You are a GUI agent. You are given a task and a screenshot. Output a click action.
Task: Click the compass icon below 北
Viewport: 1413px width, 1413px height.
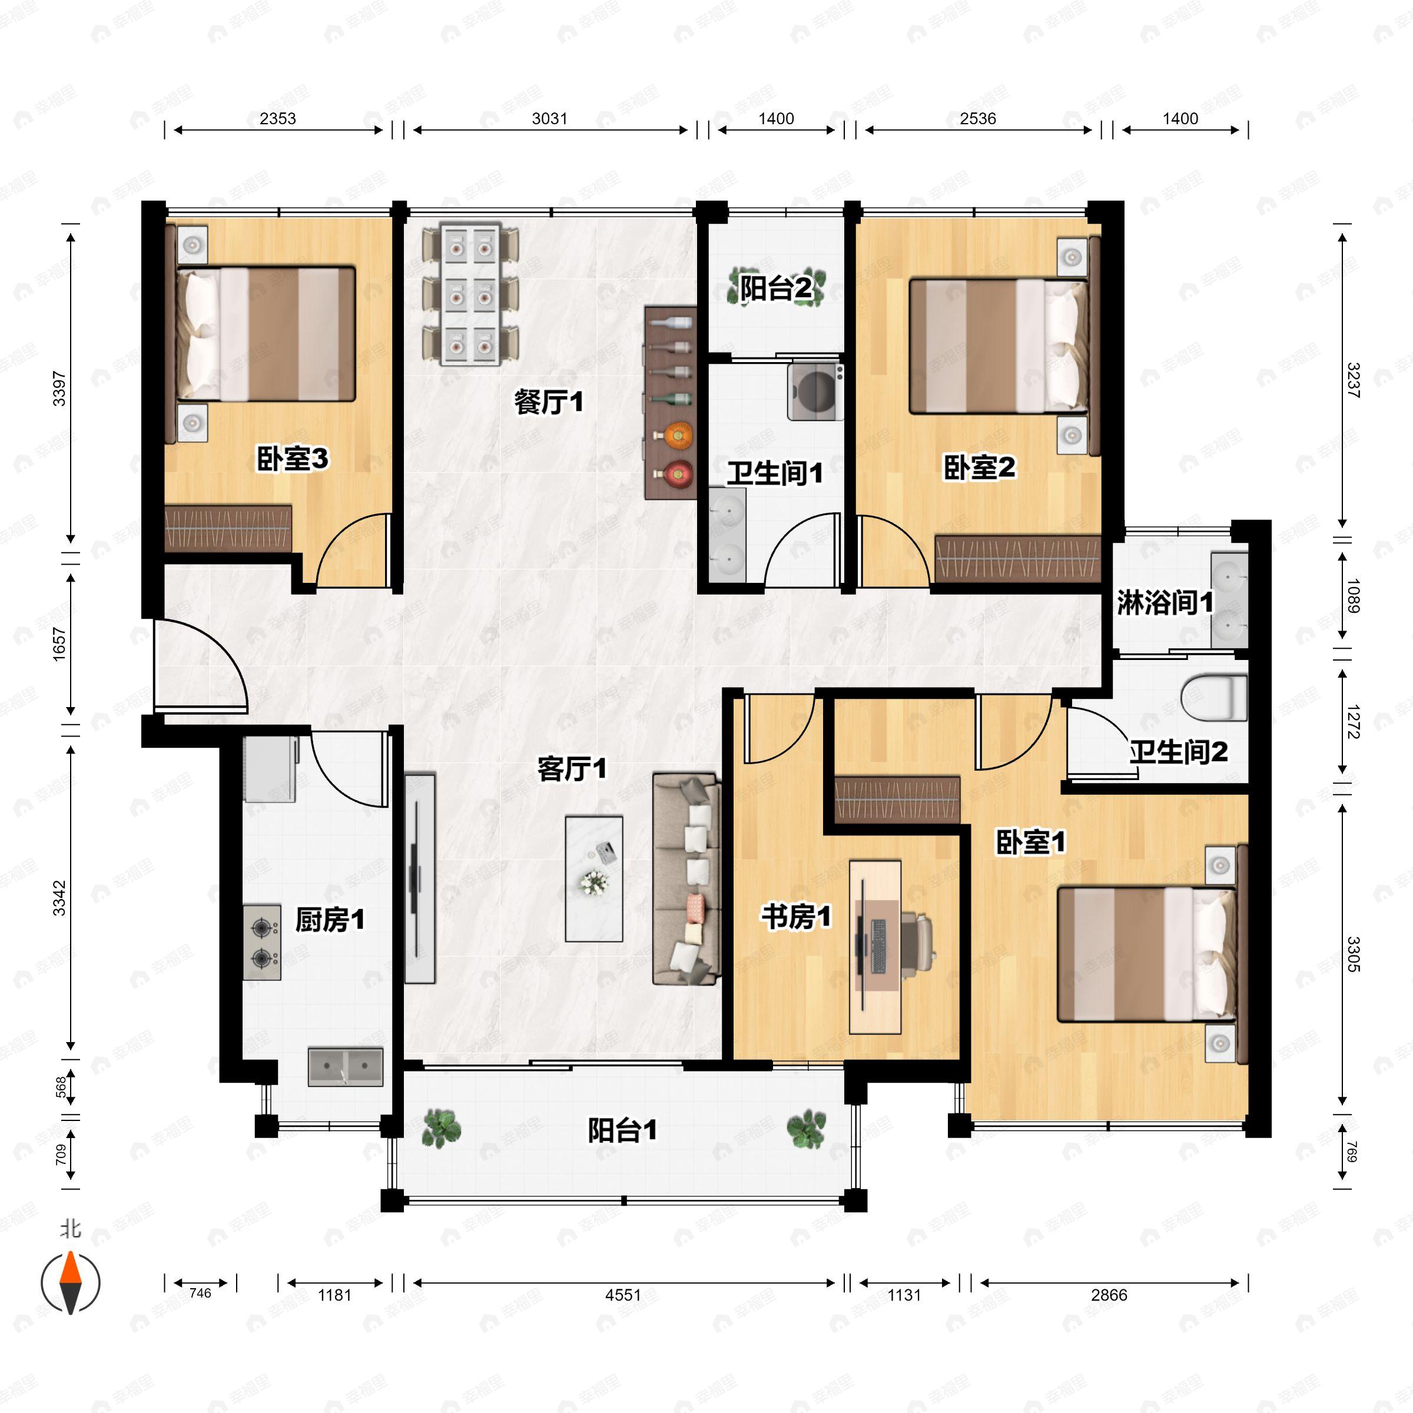pyautogui.click(x=70, y=1283)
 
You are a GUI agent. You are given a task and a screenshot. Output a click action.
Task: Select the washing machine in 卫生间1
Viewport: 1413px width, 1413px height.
pyautogui.click(x=815, y=392)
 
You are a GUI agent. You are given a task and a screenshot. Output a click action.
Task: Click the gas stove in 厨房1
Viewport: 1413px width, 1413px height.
pyautogui.click(x=262, y=942)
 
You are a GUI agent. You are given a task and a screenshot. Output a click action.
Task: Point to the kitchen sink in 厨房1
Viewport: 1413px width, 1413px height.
pyautogui.click(x=345, y=1066)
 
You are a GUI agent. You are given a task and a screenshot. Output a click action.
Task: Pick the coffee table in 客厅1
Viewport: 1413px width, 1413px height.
pyautogui.click(x=594, y=878)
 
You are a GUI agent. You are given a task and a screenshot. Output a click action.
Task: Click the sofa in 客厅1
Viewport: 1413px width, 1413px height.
pyautogui.click(x=686, y=878)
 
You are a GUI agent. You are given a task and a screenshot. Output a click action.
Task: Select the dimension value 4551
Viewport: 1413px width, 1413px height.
pyautogui.click(x=623, y=1295)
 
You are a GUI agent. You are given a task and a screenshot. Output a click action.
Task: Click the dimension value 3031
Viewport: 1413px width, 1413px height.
pyautogui.click(x=549, y=118)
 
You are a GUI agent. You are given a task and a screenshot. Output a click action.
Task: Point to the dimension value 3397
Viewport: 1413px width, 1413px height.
pyautogui.click(x=59, y=389)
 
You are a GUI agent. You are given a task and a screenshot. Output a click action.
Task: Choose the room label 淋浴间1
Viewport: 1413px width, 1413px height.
pyautogui.click(x=1165, y=603)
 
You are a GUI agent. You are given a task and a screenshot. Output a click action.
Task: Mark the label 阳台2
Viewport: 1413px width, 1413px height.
pyautogui.click(x=775, y=287)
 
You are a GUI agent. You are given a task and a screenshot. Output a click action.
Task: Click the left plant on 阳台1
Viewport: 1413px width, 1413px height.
pyautogui.click(x=442, y=1127)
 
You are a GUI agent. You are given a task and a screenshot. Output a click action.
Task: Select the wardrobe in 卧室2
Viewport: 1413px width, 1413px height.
pyautogui.click(x=1017, y=559)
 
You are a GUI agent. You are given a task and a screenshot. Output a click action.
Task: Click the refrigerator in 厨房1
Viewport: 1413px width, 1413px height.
pyautogui.click(x=271, y=769)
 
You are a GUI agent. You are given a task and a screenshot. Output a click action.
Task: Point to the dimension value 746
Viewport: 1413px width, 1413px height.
pyautogui.click(x=200, y=1293)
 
